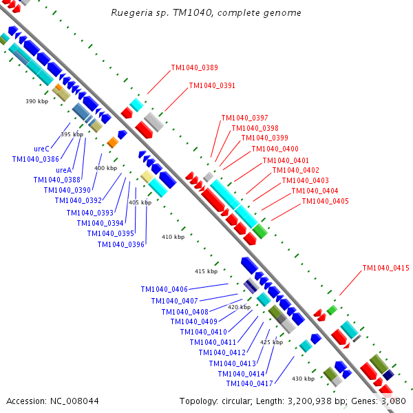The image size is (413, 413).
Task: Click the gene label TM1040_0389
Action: point(194,67)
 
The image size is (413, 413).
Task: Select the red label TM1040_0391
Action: point(212,86)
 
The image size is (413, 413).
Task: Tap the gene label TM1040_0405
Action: point(325,201)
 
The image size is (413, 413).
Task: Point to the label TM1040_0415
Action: point(386,268)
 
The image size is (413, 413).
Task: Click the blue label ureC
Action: point(41,149)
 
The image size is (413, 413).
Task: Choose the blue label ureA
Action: point(64,170)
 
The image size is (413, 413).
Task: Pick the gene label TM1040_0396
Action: point(120,244)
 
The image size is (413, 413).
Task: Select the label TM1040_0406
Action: point(164,290)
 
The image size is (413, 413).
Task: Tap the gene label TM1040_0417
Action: point(249,383)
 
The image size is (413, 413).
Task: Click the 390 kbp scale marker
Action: point(36,101)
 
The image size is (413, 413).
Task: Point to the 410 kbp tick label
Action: point(173,237)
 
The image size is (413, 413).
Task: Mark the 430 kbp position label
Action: point(303,379)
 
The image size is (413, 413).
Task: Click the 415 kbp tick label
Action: point(206,271)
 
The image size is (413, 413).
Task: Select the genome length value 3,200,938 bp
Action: point(323,401)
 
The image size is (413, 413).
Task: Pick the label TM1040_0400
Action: point(275,149)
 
